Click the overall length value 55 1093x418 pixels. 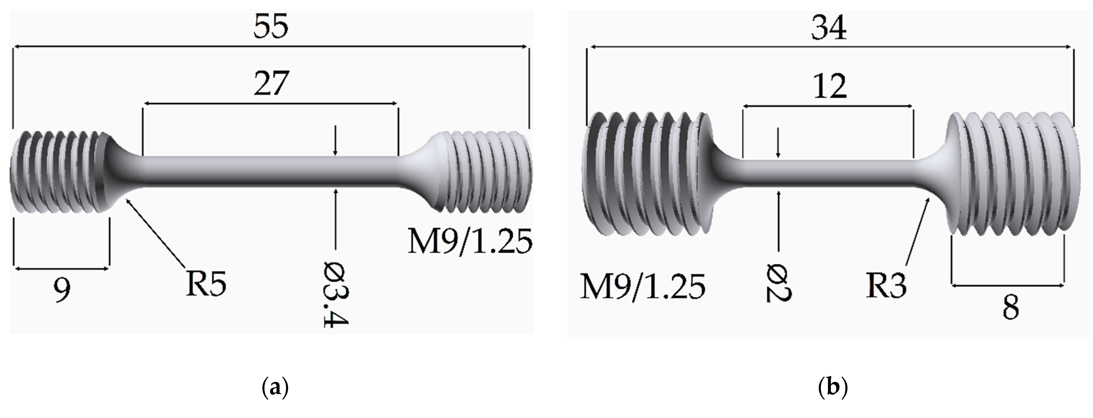pyautogui.click(x=271, y=26)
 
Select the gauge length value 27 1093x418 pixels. pyautogui.click(x=271, y=84)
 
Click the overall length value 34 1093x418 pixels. pyautogui.click(x=829, y=28)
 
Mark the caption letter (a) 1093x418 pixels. pyautogui.click(x=276, y=388)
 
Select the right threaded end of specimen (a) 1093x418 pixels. pyautogui.click(x=484, y=172)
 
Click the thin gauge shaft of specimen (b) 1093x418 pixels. pyautogui.click(x=827, y=172)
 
